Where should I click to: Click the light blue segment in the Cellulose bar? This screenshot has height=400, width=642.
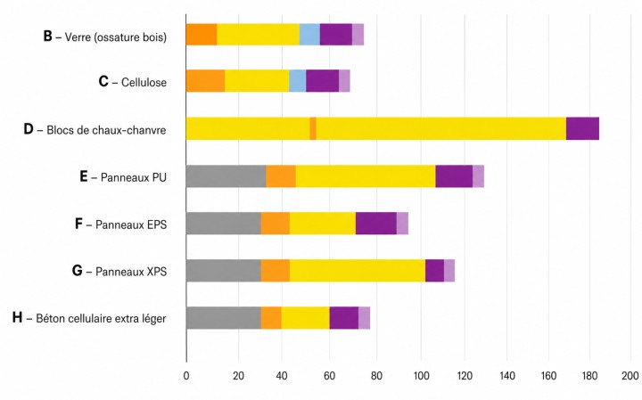click(298, 81)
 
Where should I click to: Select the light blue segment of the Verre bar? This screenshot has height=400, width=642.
click(310, 35)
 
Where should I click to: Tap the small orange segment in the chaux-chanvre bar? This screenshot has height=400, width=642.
click(313, 128)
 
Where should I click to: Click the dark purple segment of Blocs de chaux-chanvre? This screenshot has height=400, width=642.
click(582, 128)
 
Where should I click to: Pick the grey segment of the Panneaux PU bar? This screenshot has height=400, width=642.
click(226, 176)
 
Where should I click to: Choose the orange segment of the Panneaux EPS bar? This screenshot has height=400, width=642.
click(276, 224)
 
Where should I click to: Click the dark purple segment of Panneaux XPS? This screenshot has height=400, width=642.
click(435, 270)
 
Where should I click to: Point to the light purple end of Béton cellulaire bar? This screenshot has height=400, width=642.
click(365, 318)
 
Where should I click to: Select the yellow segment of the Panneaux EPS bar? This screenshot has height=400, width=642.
click(323, 224)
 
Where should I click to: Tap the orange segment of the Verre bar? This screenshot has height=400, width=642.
click(202, 35)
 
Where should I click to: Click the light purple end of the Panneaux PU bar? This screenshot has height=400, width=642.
click(478, 176)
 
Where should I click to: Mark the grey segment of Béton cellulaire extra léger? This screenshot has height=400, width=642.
click(224, 318)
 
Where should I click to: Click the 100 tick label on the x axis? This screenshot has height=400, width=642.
click(422, 376)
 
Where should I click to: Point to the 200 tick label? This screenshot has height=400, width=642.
click(630, 376)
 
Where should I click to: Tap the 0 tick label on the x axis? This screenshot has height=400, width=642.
click(186, 376)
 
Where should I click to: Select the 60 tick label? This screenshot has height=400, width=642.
click(329, 376)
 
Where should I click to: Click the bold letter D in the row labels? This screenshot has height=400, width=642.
click(29, 129)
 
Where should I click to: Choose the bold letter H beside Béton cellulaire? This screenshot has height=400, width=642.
click(17, 317)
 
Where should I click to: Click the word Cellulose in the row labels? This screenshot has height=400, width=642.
click(144, 82)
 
